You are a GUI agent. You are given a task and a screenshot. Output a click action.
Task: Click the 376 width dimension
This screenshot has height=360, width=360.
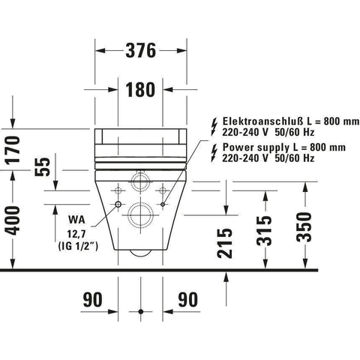141,50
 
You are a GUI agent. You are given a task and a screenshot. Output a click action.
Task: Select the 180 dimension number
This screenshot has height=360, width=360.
140,89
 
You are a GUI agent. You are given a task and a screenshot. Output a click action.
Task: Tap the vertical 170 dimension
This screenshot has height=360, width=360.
13,149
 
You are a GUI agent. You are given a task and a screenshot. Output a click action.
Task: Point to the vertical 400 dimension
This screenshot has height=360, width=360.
13,220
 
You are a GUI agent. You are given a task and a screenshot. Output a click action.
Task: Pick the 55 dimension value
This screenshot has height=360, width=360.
43,166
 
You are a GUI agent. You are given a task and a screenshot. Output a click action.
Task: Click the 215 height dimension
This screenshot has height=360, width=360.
225,243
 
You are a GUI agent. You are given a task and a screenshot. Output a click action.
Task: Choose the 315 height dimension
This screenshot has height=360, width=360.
264,230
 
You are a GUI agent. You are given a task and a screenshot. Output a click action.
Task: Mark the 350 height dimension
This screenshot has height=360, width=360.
304,227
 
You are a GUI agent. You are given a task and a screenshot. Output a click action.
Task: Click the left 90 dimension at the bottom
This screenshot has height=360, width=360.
92,299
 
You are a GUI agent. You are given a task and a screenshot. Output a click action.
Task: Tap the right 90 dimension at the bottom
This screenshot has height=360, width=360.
187,299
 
